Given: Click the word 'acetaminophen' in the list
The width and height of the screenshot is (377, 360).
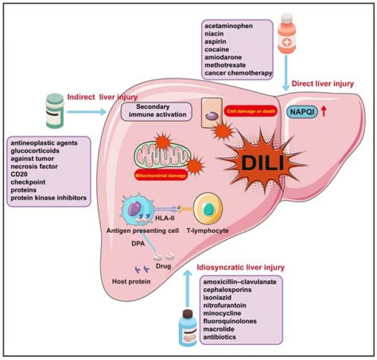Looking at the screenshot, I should (x=228, y=27).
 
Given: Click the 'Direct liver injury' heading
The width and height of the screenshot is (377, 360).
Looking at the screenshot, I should (x=322, y=83).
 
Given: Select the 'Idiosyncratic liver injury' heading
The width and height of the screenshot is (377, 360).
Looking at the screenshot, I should (x=240, y=267).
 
